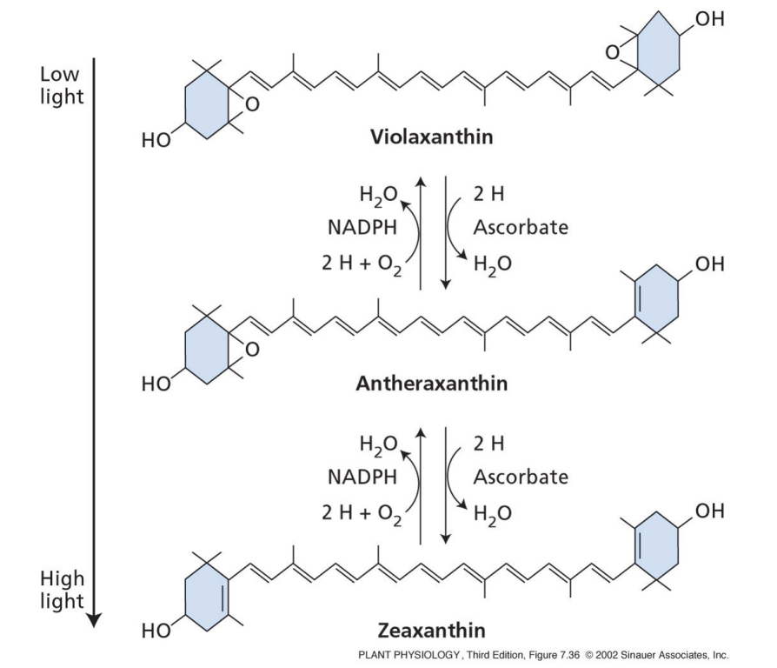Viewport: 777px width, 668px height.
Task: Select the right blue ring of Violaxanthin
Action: click(664, 54)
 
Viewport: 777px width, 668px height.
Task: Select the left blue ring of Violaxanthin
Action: click(203, 105)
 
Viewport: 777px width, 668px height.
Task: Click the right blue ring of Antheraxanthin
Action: click(664, 301)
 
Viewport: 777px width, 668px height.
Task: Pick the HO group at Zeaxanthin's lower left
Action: click(156, 632)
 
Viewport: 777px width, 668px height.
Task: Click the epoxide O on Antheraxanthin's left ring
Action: click(251, 351)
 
